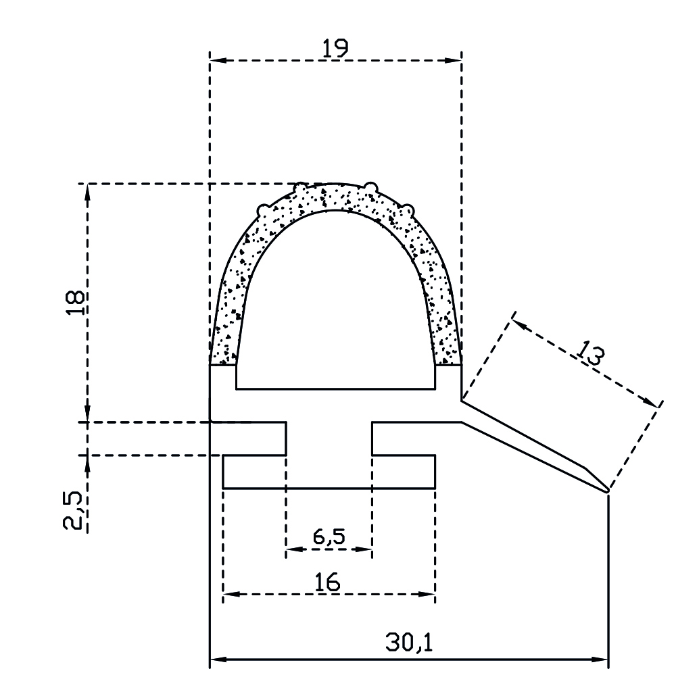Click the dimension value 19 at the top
pos(335,48)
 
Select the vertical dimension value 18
pos(76,303)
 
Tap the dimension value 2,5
pos(76,512)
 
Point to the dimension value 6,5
pos(329,537)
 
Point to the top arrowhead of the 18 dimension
pos(87,191)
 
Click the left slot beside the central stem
pos(254,439)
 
